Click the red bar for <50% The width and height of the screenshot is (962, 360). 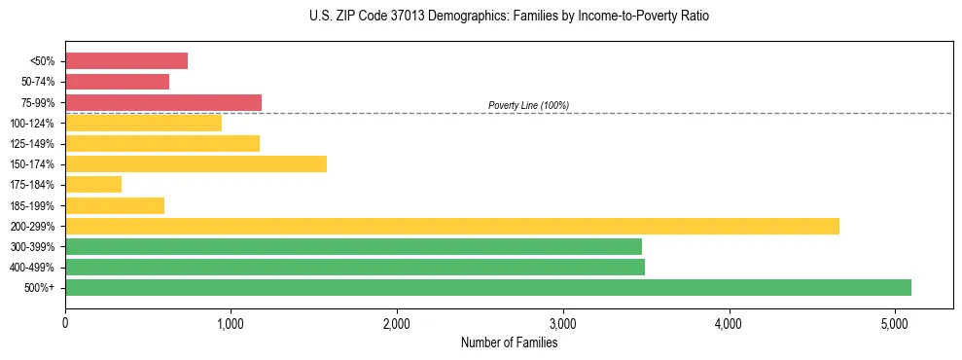[126, 60]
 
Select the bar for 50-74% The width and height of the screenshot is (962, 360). [117, 82]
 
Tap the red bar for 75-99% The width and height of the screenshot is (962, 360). [163, 102]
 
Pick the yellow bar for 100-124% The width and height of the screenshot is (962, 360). [143, 123]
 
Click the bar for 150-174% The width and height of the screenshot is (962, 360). [196, 163]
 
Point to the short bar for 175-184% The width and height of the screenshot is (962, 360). [93, 184]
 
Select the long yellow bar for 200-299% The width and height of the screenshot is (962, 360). [452, 226]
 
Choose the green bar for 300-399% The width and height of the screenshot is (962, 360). [353, 246]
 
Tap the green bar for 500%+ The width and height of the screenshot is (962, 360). [488, 287]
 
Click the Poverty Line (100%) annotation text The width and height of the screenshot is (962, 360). [528, 105]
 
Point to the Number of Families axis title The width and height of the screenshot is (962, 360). [509, 342]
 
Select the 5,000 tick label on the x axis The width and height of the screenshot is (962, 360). [895, 322]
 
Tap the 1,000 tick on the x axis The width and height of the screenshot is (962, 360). [231, 322]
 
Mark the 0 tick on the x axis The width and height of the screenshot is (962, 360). [65, 322]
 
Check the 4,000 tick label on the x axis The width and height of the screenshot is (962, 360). [729, 322]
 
